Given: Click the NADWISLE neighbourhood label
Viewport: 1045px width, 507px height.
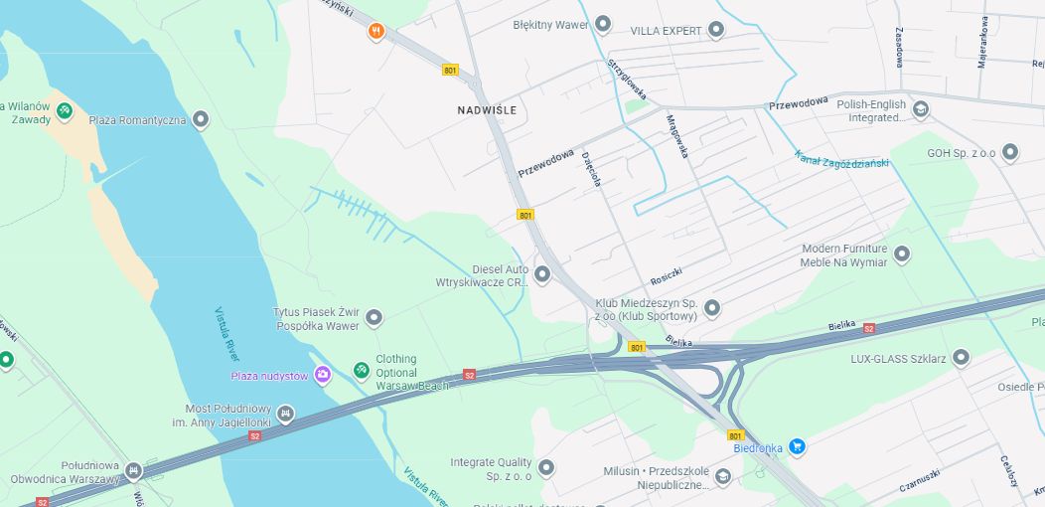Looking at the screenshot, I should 487,110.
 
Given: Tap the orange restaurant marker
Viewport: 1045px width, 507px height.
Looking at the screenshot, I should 375,32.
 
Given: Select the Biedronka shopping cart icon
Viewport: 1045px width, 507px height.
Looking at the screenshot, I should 796,447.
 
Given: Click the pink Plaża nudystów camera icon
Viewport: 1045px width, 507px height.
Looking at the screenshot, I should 322,375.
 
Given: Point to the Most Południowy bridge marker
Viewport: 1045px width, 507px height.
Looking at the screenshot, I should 285,414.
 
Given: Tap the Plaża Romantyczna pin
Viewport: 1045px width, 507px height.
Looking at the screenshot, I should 201,120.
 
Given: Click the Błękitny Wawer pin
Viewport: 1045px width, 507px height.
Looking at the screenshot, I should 602,25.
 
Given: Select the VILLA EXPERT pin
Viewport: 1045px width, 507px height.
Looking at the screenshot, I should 718,31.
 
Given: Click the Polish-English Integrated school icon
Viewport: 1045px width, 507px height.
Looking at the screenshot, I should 921,109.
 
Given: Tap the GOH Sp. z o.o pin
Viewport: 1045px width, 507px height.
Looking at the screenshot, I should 1010,153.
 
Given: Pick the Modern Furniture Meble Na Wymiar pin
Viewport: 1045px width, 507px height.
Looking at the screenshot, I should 902,254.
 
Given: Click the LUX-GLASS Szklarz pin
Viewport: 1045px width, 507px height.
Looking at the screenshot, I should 961,358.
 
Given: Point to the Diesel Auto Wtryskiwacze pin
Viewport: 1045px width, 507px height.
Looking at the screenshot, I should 542,274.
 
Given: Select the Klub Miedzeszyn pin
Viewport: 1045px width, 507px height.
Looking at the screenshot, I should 711,308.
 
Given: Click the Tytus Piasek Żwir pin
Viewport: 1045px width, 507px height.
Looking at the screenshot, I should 373,318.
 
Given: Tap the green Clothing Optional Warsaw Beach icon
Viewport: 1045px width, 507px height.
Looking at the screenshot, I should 361,371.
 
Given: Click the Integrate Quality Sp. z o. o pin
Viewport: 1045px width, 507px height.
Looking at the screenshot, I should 545,467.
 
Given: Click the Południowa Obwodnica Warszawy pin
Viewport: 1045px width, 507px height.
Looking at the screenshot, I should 133,471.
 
